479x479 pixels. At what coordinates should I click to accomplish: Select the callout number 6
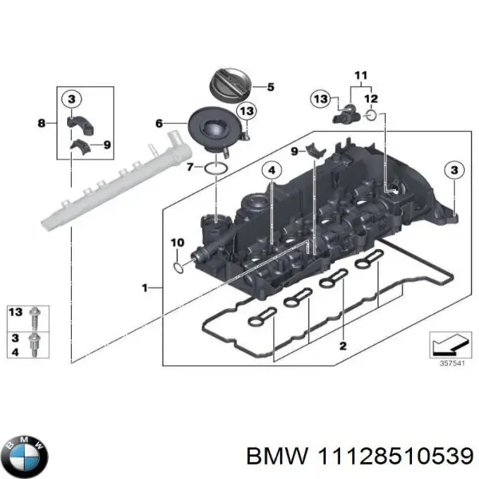[x=159, y=124]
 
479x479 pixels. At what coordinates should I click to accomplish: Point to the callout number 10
[x=177, y=242]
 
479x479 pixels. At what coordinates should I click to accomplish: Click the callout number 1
[x=144, y=287]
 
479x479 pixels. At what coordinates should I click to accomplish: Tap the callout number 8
[x=42, y=123]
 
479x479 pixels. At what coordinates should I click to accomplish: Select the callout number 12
[x=370, y=99]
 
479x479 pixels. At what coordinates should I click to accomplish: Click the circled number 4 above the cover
[x=271, y=171]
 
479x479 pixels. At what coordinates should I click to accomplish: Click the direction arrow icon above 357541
[x=447, y=343]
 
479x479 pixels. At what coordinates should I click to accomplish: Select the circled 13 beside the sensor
[x=320, y=98]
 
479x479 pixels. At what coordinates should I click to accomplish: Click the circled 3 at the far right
[x=453, y=170]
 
